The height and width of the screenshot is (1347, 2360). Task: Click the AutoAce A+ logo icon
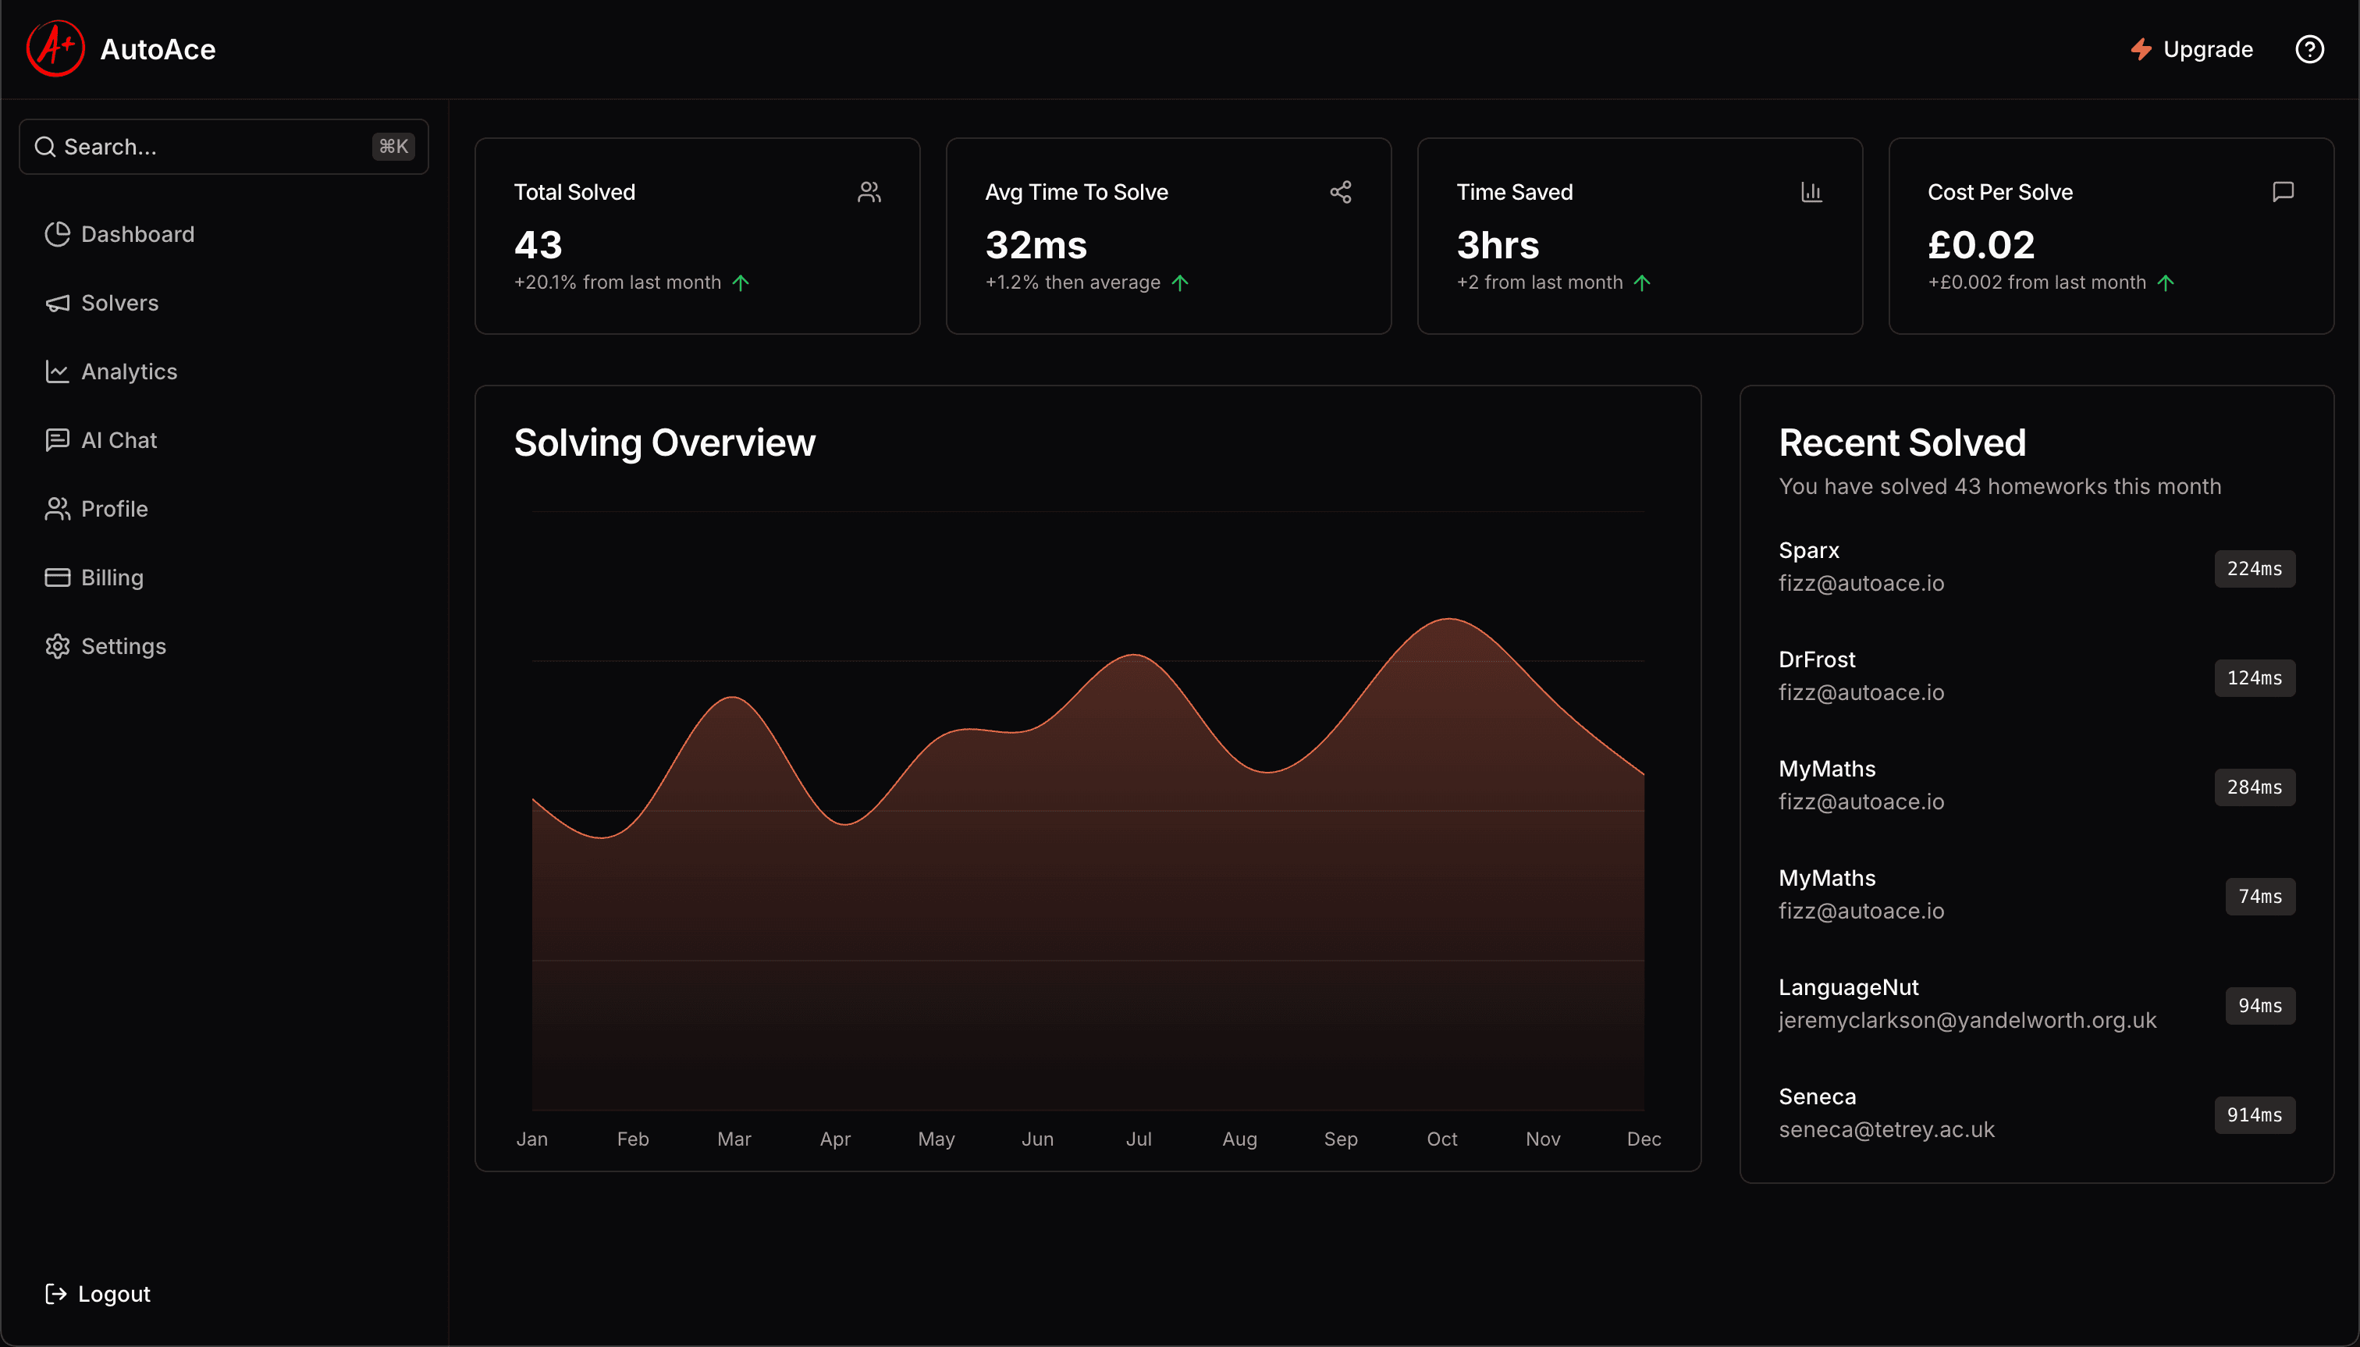(x=55, y=48)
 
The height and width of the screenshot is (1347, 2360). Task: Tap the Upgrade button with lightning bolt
(x=2191, y=49)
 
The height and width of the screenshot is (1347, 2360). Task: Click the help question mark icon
(x=2309, y=49)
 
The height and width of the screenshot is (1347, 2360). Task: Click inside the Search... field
(x=213, y=146)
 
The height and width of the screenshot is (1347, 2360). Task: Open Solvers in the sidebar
(x=119, y=303)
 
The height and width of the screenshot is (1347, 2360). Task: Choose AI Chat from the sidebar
(x=119, y=440)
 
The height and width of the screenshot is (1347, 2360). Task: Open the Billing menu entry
(x=112, y=578)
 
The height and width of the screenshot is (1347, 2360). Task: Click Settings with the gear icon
(x=123, y=645)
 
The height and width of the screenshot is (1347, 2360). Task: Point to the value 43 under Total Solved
(x=538, y=245)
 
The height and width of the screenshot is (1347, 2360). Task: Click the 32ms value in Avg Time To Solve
(x=1035, y=245)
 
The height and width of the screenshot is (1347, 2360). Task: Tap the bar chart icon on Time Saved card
(x=1811, y=191)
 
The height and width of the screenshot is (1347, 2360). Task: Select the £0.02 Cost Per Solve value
(x=1981, y=245)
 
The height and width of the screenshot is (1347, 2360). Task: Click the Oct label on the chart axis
(x=1441, y=1139)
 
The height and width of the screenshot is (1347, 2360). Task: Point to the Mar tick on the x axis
(x=734, y=1139)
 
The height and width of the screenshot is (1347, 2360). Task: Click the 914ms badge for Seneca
(x=2254, y=1114)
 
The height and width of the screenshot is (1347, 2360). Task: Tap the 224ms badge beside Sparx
(x=2254, y=568)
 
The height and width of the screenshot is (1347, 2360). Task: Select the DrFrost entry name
(x=1816, y=659)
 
